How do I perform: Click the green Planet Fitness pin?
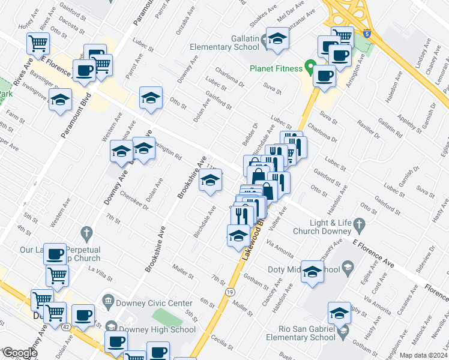pyautogui.click(x=310, y=65)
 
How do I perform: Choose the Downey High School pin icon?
pyautogui.click(x=110, y=326)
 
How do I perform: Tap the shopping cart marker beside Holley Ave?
pyautogui.click(x=38, y=43)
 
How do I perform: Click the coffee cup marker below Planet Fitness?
pyautogui.click(x=325, y=76)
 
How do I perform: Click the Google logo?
pyautogui.click(x=19, y=353)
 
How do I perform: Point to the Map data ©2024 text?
pyautogui.click(x=423, y=355)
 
